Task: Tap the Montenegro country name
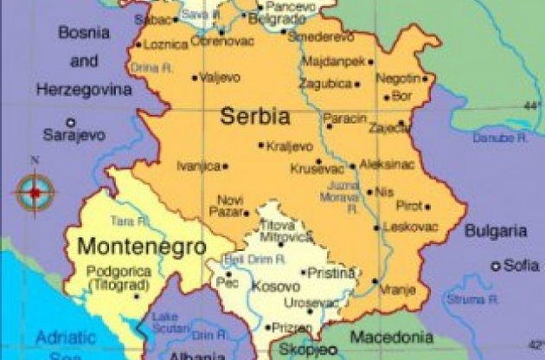click(141, 245)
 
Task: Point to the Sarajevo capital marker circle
click(71, 122)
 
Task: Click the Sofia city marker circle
click(496, 266)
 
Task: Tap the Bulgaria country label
click(495, 231)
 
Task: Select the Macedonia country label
click(392, 337)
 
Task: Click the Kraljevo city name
click(290, 145)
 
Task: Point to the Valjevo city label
click(220, 77)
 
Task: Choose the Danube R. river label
click(500, 137)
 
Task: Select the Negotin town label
click(398, 78)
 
